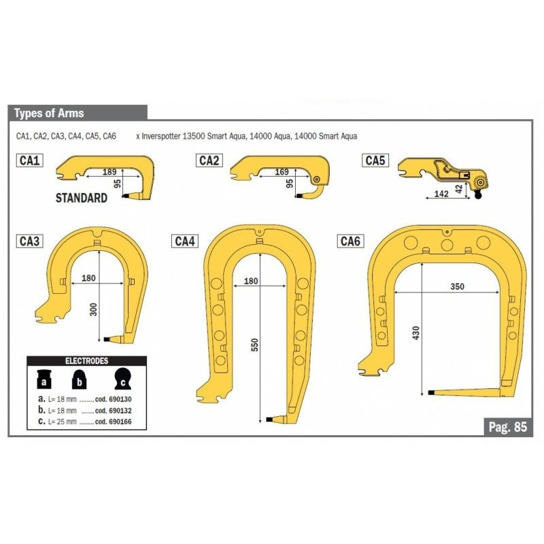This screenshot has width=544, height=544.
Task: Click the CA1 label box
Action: point(30,160)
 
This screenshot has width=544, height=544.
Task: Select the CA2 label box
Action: point(209,160)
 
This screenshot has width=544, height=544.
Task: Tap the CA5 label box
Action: point(375,160)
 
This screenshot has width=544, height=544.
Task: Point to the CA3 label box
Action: point(30,241)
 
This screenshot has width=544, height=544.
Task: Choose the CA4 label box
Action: point(185,241)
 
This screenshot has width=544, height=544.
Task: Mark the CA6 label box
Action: point(351,241)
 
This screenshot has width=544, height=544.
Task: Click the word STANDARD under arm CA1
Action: point(82,198)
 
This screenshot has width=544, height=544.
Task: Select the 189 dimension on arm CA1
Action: point(109,172)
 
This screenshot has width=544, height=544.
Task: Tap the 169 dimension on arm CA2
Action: point(282,172)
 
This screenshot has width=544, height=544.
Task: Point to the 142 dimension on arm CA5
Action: point(441,194)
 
